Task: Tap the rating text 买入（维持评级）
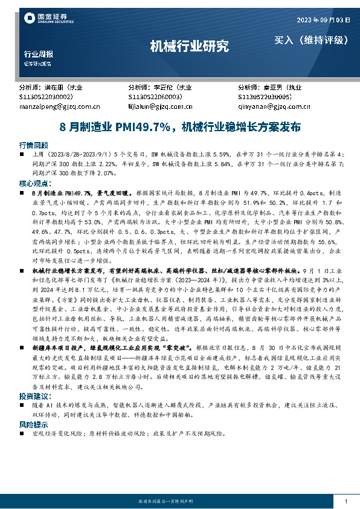point(312,41)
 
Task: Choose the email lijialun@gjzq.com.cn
point(160,106)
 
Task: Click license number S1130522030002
point(47,96)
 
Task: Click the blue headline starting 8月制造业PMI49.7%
point(180,128)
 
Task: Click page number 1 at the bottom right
point(345,502)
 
